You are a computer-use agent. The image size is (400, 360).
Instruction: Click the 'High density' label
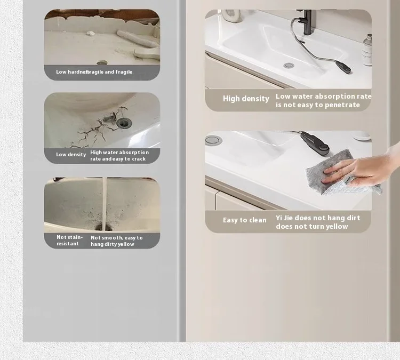[246, 99]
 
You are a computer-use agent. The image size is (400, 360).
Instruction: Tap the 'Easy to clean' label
[245, 220]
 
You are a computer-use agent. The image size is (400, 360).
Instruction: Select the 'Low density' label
[71, 155]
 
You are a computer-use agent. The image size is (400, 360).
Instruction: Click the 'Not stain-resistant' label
[70, 241]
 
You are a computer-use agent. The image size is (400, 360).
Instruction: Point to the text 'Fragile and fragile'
[110, 72]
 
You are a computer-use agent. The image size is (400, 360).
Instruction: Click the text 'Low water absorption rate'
[324, 97]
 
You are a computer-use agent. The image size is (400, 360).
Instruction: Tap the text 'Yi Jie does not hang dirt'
[318, 218]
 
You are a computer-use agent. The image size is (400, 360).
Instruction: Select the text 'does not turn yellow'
[312, 227]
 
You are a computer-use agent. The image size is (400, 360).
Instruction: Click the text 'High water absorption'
[119, 153]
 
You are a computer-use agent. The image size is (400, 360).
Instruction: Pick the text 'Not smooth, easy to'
[117, 238]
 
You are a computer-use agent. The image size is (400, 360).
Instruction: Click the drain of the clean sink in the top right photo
[289, 66]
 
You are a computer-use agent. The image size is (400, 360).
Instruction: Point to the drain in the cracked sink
[124, 123]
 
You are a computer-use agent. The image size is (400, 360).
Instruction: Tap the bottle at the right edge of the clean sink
[367, 50]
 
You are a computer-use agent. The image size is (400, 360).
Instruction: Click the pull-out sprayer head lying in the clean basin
[343, 67]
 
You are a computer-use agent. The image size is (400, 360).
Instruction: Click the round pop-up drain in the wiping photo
[213, 140]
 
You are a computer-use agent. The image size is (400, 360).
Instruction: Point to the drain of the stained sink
[103, 227]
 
